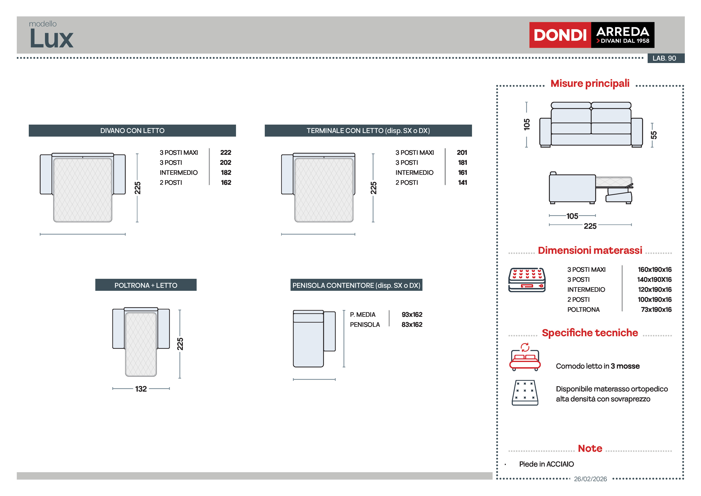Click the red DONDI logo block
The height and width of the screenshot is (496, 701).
click(x=560, y=35)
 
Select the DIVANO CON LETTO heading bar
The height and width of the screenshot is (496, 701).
click(x=132, y=130)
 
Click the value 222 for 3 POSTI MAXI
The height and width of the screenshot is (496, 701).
click(x=226, y=152)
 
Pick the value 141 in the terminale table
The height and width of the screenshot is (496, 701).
click(x=462, y=182)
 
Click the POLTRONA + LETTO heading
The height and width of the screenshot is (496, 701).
click(x=146, y=285)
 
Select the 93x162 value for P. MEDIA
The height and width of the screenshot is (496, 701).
click(x=412, y=314)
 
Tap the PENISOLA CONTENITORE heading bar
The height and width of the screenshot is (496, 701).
click(x=356, y=285)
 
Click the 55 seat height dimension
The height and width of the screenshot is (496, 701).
click(x=653, y=135)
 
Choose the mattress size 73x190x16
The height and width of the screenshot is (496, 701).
click(x=656, y=310)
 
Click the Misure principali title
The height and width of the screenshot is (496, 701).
click(x=590, y=83)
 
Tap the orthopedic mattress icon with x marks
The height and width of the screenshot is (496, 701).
click(x=525, y=393)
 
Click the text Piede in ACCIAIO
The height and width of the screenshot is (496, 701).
click(x=546, y=464)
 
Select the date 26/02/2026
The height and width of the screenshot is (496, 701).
click(x=590, y=479)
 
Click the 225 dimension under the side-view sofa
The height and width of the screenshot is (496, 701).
click(x=590, y=226)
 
